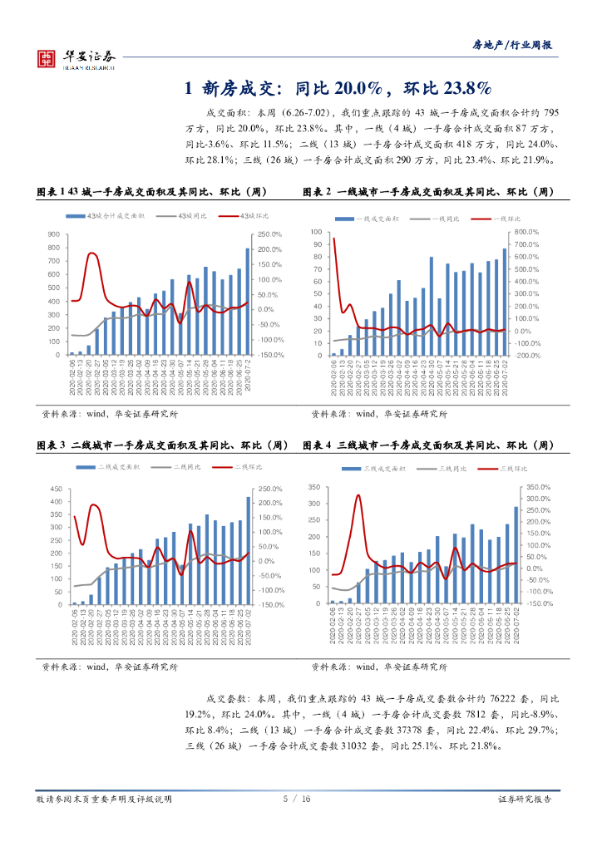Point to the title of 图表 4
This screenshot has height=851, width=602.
(429, 445)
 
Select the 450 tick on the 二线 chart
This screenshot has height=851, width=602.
(55, 489)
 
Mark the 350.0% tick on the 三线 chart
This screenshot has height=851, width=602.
(539, 487)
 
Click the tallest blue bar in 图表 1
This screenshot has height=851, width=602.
(247, 301)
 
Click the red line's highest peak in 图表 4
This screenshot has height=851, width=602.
(358, 496)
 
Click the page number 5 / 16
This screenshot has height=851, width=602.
(297, 799)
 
